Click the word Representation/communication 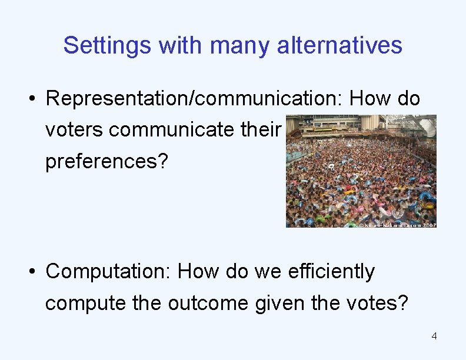194,99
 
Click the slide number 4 434,336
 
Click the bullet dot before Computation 35,272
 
